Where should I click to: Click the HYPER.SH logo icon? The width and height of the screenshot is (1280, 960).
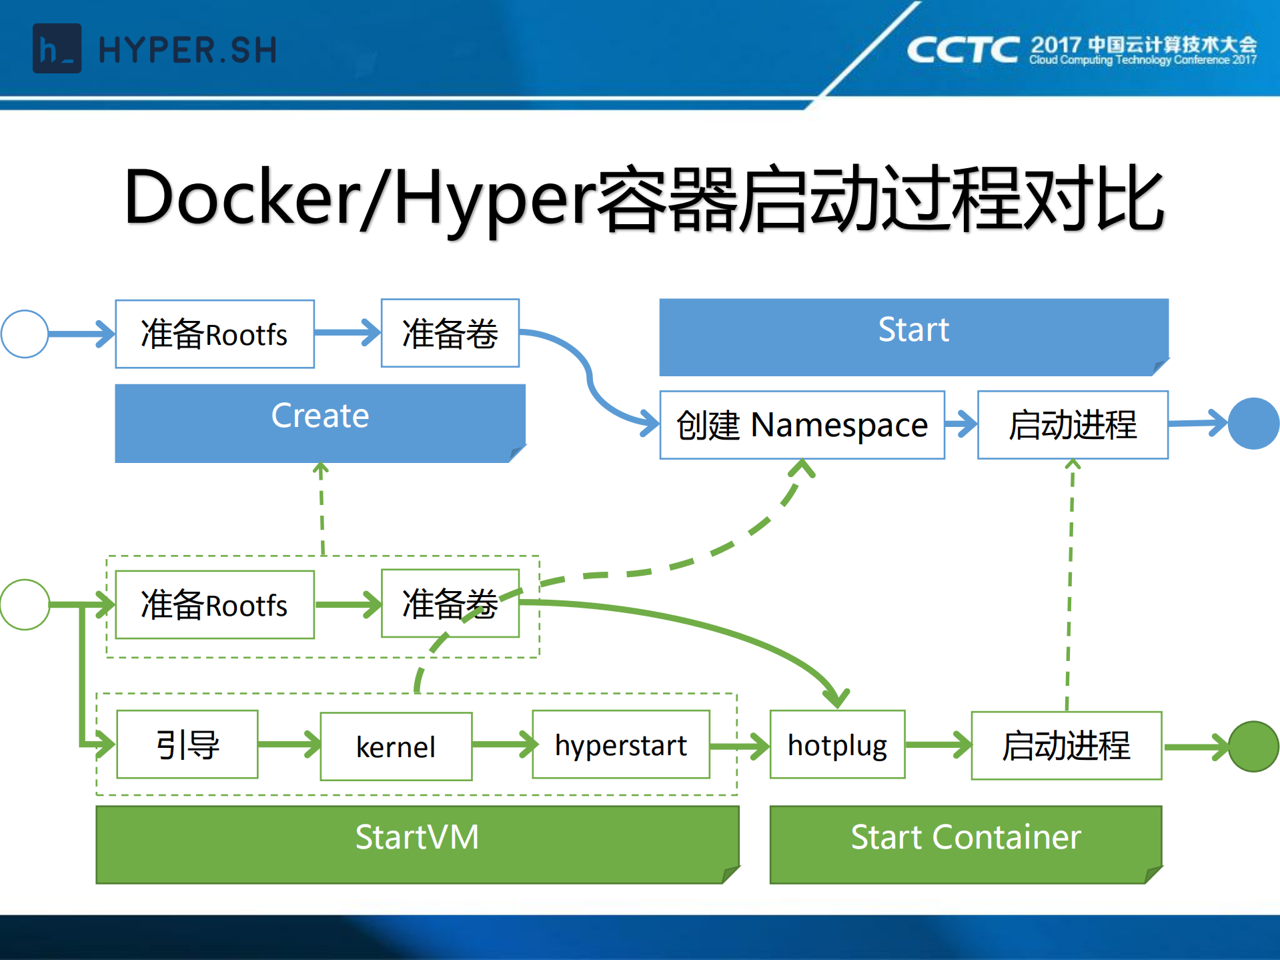pos(57,49)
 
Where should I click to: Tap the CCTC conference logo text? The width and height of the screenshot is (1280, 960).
pos(963,50)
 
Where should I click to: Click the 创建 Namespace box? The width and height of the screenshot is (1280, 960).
pos(802,425)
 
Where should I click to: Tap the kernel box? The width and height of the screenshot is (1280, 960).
pos(396,747)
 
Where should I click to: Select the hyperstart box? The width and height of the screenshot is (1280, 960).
pos(620,745)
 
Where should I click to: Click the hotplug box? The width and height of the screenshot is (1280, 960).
pos(837,745)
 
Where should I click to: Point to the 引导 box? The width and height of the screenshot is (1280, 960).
pos(187,745)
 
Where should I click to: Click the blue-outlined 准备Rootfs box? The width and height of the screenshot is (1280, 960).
pos(215,334)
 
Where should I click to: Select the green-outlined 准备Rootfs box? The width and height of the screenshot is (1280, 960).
pos(215,604)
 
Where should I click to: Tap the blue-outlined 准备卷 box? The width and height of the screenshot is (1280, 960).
pos(450,333)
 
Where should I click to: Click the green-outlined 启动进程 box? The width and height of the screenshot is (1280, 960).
pos(1066,746)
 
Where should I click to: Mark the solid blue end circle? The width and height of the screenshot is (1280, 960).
pos(1253,424)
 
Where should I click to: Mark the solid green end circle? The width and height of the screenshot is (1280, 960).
pos(1253,747)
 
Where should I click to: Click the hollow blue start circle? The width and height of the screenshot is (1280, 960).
pos(25,334)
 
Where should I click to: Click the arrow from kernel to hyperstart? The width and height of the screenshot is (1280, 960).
pos(503,745)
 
